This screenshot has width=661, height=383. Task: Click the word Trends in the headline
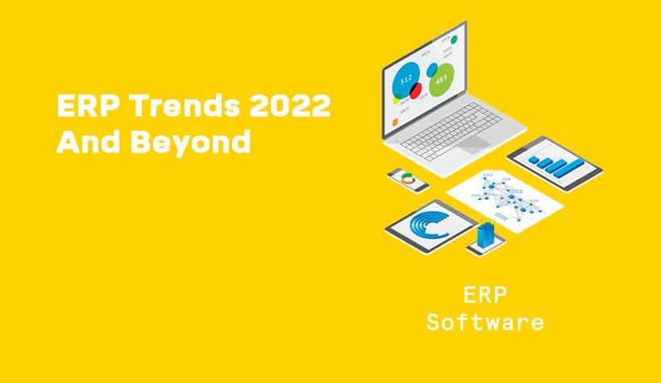pyautogui.click(x=185, y=106)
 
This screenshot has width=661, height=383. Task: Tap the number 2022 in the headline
pyautogui.click(x=290, y=106)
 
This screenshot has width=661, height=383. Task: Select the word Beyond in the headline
pyautogui.click(x=191, y=142)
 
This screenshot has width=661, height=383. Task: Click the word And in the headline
pyautogui.click(x=89, y=141)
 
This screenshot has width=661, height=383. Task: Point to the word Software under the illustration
pyautogui.click(x=484, y=323)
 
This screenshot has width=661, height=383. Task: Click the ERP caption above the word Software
pyautogui.click(x=484, y=294)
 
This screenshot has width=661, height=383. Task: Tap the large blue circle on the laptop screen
pyautogui.click(x=406, y=80)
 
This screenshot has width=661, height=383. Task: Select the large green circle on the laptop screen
pyautogui.click(x=442, y=79)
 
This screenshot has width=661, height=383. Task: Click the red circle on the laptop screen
pyautogui.click(x=416, y=90)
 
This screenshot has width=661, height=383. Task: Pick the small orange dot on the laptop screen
pyautogui.click(x=396, y=123)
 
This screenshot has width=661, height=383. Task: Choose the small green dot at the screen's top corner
pyautogui.click(x=454, y=40)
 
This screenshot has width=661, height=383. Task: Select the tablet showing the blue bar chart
pyautogui.click(x=555, y=163)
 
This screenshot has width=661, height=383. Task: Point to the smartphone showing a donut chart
pyautogui.click(x=408, y=179)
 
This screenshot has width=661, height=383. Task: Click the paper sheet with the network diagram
pyautogui.click(x=505, y=201)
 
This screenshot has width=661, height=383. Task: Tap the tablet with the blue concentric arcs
pyautogui.click(x=430, y=227)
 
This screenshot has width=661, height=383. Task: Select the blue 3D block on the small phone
pyautogui.click(x=485, y=235)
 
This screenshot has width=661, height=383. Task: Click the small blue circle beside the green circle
pyautogui.click(x=432, y=70)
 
